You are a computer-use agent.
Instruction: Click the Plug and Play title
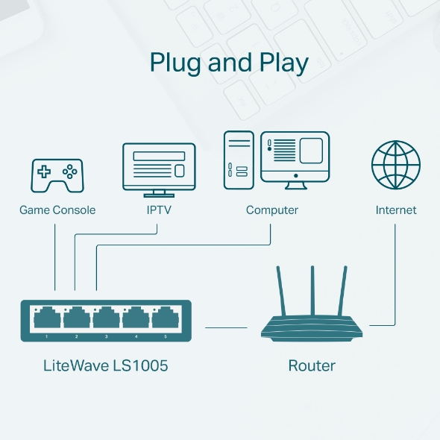(x=229, y=63)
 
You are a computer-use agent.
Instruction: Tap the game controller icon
(x=57, y=175)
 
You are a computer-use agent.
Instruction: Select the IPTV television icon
(x=159, y=166)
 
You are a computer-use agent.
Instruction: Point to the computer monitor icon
(x=295, y=157)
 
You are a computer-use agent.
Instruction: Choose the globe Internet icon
(x=396, y=165)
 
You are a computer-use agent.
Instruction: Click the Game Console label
(x=57, y=210)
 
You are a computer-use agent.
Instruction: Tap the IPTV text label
(x=159, y=210)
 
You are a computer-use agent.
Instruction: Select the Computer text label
(x=272, y=210)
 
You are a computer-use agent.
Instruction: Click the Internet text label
(x=396, y=210)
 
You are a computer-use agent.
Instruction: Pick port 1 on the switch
(x=46, y=319)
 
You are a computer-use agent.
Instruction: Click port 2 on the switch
(x=76, y=319)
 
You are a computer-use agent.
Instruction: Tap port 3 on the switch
(x=106, y=319)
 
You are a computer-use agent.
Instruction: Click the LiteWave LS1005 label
(x=107, y=366)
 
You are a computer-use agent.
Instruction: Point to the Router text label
(x=312, y=366)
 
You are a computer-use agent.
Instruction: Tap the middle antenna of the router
(x=311, y=291)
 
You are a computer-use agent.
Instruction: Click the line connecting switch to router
(x=225, y=327)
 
